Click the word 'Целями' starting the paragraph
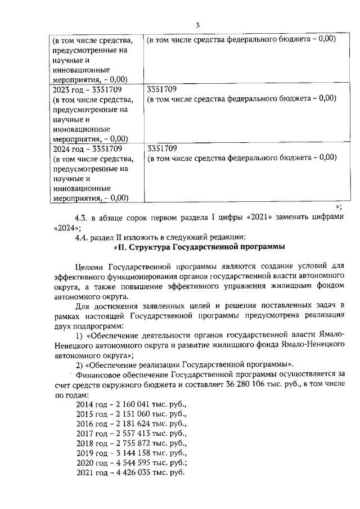(x=91, y=268)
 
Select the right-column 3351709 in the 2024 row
(x=162, y=149)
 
